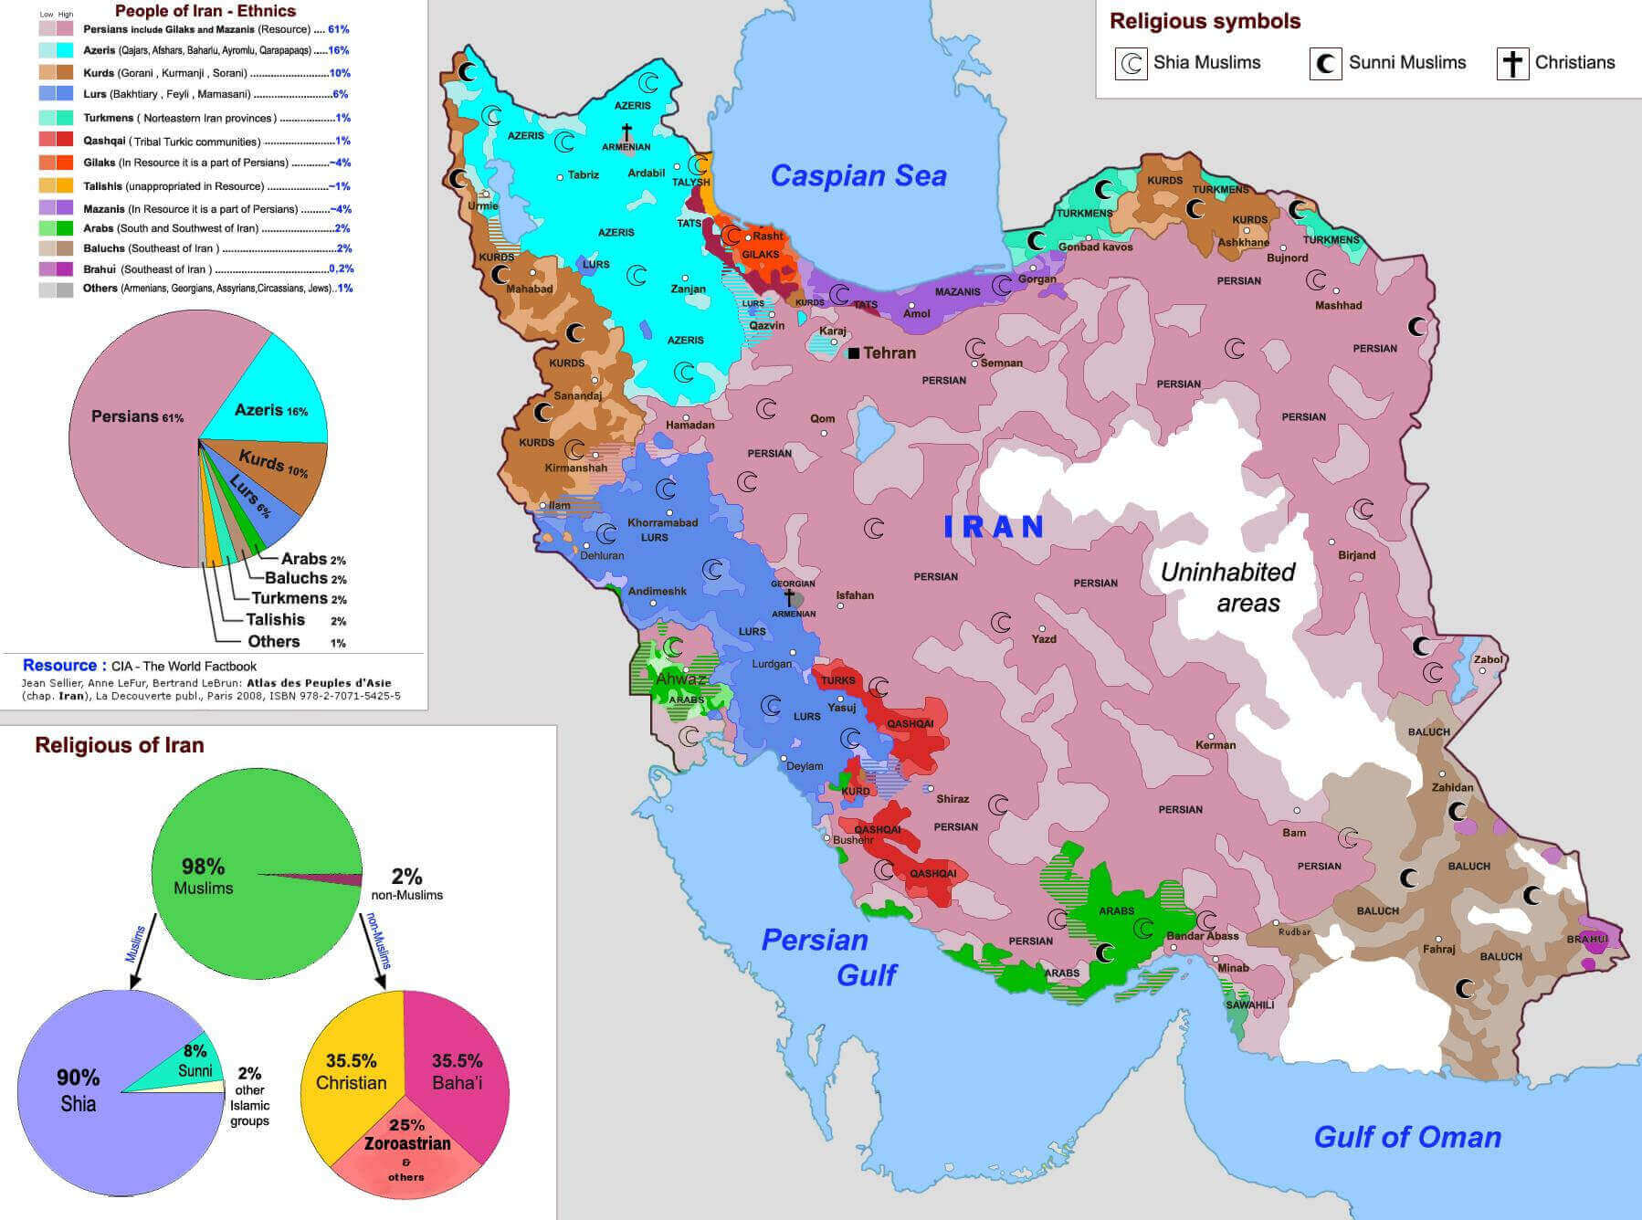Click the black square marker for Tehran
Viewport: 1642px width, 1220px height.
coord(854,353)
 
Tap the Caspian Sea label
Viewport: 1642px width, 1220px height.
coord(858,176)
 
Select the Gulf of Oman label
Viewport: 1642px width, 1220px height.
coord(1407,1137)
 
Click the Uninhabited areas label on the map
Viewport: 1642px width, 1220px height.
coord(1227,587)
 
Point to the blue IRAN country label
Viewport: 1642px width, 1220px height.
coord(994,527)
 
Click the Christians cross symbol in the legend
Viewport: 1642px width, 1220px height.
coord(1512,64)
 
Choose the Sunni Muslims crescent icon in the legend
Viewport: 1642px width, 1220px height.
coord(1325,64)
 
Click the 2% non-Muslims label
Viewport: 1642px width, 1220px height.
coord(406,883)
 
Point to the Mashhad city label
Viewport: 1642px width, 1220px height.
coord(1338,306)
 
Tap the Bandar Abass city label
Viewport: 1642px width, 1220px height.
coord(1202,936)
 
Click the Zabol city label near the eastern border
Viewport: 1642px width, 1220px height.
coord(1488,659)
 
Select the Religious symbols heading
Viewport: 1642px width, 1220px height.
coord(1205,21)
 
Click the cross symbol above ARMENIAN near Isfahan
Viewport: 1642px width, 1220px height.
coord(788,597)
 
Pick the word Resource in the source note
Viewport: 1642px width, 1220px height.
coord(59,666)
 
